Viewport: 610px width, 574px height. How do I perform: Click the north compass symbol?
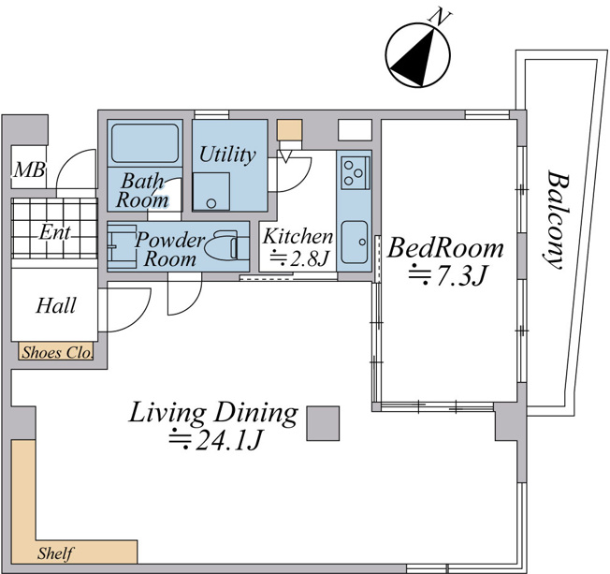(418, 53)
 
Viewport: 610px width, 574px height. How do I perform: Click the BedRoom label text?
(445, 247)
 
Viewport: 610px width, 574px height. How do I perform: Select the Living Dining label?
(213, 413)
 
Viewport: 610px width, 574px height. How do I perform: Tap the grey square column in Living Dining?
(323, 423)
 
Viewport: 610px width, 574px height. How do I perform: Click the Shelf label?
(55, 553)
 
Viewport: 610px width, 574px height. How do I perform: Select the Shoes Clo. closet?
(55, 352)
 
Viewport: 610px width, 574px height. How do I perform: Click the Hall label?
(56, 305)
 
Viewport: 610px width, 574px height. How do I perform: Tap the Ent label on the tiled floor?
(55, 232)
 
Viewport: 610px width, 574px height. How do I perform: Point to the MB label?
(29, 169)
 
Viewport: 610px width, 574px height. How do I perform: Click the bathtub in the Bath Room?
(145, 143)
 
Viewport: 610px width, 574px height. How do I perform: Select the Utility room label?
(227, 155)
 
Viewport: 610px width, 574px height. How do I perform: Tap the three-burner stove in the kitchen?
(356, 172)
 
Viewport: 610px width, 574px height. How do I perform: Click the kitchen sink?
(354, 243)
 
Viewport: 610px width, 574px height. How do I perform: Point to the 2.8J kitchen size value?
(299, 258)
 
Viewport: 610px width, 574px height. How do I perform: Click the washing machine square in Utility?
(211, 192)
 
